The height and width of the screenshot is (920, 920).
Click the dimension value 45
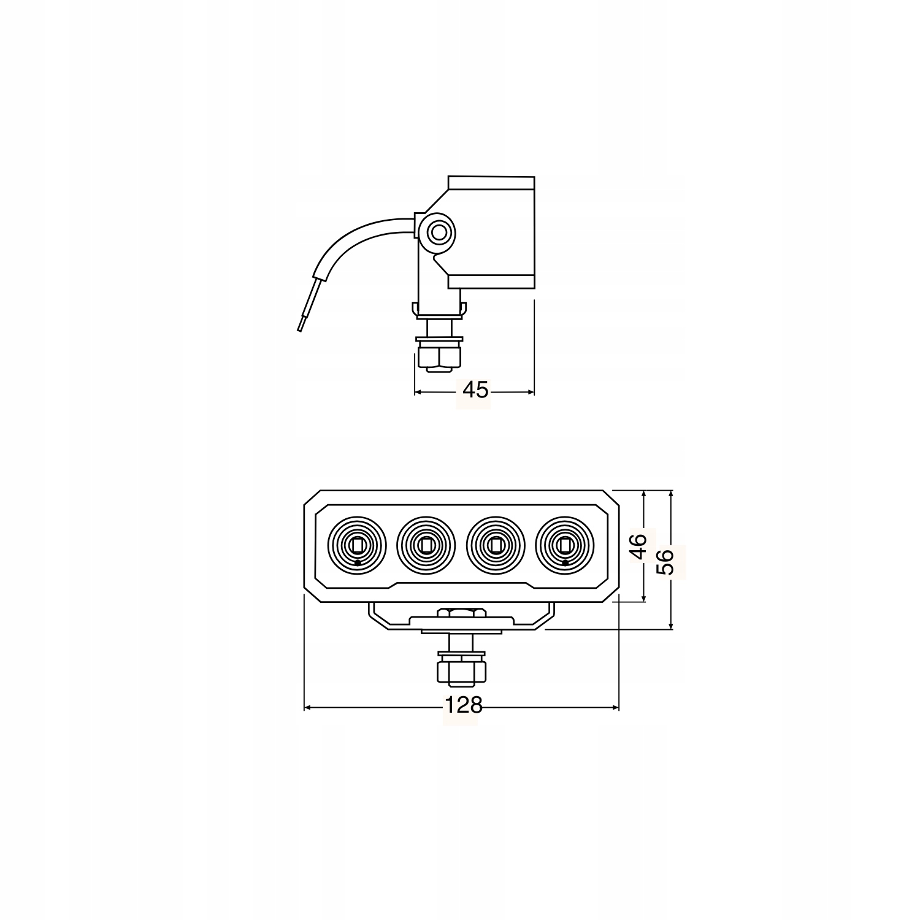coord(475,389)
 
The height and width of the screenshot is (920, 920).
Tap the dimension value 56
coord(665,561)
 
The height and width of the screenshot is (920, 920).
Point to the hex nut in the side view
coord(438,357)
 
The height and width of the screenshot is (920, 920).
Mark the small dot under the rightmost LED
coord(565,562)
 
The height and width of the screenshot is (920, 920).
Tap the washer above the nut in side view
coord(438,338)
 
